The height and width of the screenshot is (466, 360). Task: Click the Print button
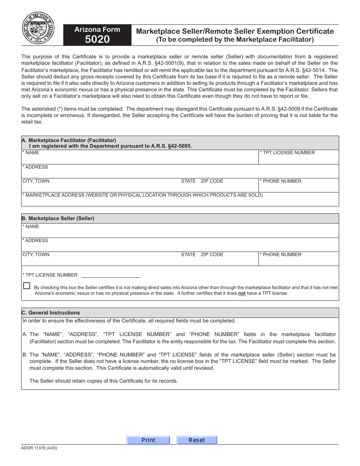click(x=148, y=440)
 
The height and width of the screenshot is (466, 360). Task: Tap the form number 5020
click(x=97, y=39)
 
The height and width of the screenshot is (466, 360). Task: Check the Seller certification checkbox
click(x=27, y=286)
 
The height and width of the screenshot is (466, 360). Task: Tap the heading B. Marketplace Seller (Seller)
click(x=58, y=218)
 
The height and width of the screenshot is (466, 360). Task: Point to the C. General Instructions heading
click(x=51, y=313)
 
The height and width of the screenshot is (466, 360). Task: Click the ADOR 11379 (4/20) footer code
click(x=39, y=448)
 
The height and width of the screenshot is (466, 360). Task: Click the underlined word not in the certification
click(x=242, y=293)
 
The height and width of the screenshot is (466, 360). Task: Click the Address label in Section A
click(x=35, y=167)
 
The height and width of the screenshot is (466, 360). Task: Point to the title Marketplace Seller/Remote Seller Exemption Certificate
click(x=235, y=31)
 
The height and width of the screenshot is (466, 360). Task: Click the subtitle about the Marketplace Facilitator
click(x=235, y=39)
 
